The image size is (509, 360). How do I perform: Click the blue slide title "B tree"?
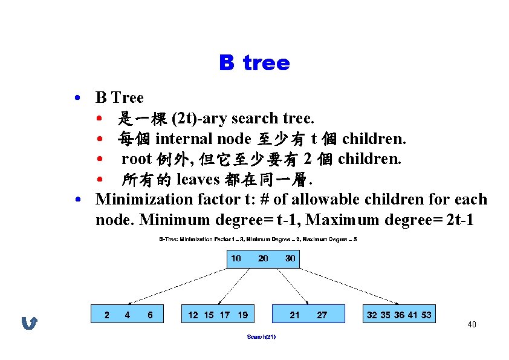click(x=254, y=63)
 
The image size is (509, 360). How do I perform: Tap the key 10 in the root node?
click(x=236, y=258)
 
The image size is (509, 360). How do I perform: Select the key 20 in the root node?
click(x=263, y=258)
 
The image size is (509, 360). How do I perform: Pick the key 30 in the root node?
click(x=290, y=258)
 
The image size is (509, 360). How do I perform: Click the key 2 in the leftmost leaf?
click(x=107, y=315)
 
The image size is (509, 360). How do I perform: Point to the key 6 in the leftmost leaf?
click(x=150, y=315)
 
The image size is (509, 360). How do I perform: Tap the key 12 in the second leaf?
click(x=193, y=315)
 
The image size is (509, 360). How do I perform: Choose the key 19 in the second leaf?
click(x=242, y=315)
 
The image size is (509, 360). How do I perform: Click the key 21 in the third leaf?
click(x=294, y=315)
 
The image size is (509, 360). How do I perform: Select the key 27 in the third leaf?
click(x=322, y=315)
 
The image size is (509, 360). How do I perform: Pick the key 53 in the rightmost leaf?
click(x=426, y=315)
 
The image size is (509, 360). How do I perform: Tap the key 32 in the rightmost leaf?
click(x=372, y=315)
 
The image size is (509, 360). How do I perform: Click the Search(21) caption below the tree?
click(x=261, y=336)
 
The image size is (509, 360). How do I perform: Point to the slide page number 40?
click(x=472, y=325)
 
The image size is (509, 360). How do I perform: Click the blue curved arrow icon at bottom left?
click(x=29, y=324)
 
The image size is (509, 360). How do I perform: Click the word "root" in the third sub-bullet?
click(x=136, y=159)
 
